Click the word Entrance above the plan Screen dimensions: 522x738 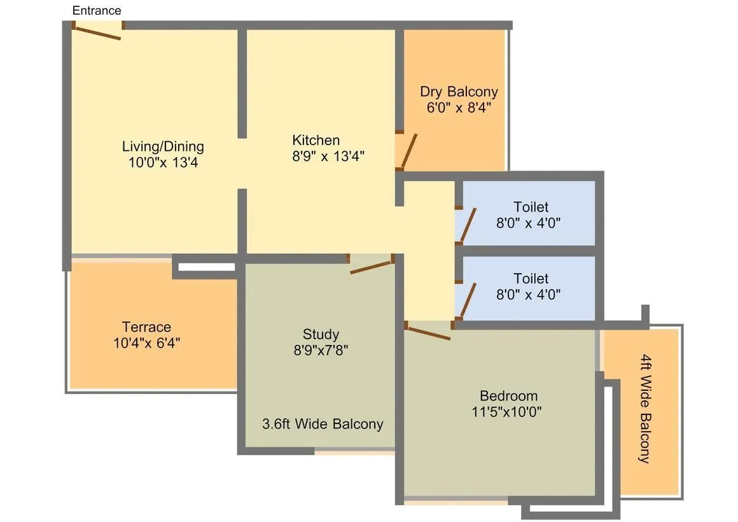[x=97, y=10]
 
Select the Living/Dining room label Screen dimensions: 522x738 [x=163, y=146]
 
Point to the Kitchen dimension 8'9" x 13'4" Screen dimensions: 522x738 [x=328, y=156]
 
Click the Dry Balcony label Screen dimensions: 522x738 [x=459, y=92]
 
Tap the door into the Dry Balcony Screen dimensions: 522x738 [x=408, y=151]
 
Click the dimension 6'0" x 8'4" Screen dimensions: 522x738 [x=459, y=108]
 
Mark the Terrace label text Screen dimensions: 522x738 [x=146, y=327]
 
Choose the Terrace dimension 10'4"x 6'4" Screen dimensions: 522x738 [x=146, y=343]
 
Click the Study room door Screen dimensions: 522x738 [x=370, y=266]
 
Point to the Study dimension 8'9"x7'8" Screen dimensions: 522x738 [x=321, y=350]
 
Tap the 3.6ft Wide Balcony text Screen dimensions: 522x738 [x=323, y=424]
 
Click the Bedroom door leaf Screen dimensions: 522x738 [x=428, y=333]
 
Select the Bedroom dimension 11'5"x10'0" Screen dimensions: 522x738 [x=506, y=412]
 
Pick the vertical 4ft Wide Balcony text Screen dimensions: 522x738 [x=645, y=408]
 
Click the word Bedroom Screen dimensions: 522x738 [x=508, y=395]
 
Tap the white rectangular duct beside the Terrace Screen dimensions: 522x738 [x=206, y=266]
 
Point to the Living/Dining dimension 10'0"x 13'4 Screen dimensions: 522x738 [x=163, y=162]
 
